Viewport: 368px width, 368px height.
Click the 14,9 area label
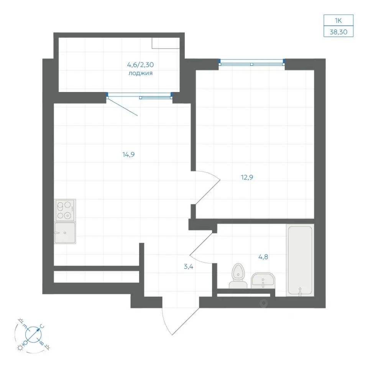(128, 154)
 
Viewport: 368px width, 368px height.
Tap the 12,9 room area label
(247, 177)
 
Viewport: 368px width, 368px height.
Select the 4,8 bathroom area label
(263, 257)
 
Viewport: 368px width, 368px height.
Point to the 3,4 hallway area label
(189, 266)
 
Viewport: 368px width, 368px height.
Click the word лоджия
(140, 73)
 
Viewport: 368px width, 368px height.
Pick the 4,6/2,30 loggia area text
(140, 64)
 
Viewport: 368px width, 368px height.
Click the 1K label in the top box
(338, 21)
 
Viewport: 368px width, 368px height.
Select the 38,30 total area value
(338, 32)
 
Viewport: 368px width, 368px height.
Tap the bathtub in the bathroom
(300, 260)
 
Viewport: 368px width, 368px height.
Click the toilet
(238, 276)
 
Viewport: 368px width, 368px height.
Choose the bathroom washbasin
(263, 280)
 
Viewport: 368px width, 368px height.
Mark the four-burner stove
(65, 210)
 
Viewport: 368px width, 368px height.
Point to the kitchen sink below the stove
(65, 233)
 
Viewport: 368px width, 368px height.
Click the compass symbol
(33, 335)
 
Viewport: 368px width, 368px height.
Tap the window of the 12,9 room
(251, 62)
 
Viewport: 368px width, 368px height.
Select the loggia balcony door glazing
(140, 95)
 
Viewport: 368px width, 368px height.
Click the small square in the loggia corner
(166, 43)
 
